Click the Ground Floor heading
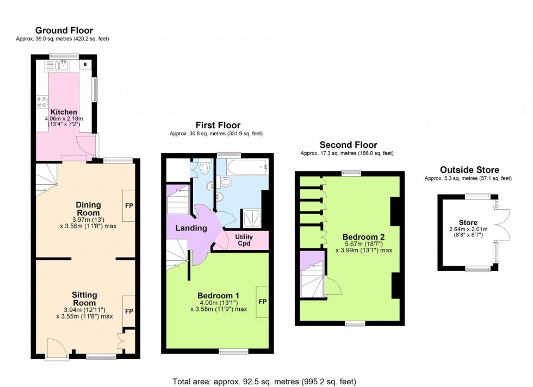64,30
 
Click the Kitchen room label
64,112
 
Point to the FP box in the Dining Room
129,206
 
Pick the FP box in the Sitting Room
129,311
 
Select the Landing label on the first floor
190,228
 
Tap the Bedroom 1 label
218,296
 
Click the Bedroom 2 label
363,237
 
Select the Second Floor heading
348,145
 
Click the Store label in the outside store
468,222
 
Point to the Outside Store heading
469,170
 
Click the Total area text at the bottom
264,382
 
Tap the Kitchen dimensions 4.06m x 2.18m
65,119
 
